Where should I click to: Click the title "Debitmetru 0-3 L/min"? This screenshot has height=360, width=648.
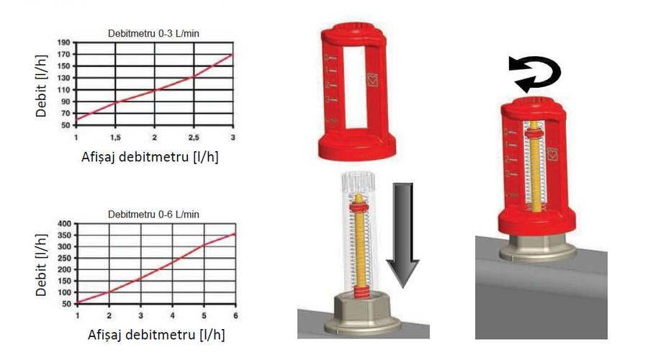pyautogui.click(x=153, y=33)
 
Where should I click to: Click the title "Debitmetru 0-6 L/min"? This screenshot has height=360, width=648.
pyautogui.click(x=153, y=215)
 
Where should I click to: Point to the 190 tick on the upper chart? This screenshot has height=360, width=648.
pyautogui.click(x=64, y=42)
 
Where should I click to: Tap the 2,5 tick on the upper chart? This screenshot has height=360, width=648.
pyautogui.click(x=194, y=138)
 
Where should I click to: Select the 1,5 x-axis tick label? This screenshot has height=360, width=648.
pyautogui.click(x=115, y=138)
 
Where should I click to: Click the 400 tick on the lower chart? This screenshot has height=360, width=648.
pyautogui.click(x=66, y=224)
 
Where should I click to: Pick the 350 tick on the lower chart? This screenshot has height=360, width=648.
pyautogui.click(x=66, y=235)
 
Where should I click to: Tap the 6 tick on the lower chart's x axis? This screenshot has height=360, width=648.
pyautogui.click(x=235, y=315)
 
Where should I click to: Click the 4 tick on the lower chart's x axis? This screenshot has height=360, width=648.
pyautogui.click(x=172, y=315)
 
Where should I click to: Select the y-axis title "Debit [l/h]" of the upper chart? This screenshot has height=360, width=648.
pyautogui.click(x=41, y=86)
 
